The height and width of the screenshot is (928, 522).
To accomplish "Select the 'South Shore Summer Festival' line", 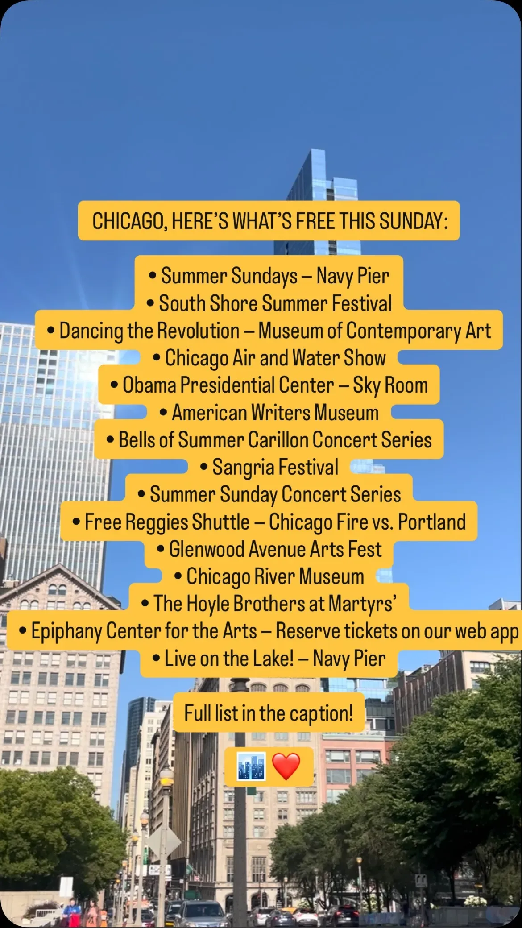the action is (269, 303).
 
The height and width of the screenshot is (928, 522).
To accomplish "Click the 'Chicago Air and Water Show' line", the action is (269, 358).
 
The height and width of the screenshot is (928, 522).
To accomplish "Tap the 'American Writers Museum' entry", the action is (269, 413).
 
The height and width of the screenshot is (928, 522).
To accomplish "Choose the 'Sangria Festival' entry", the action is (269, 468).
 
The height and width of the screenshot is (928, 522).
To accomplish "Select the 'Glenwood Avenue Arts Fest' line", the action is (269, 549).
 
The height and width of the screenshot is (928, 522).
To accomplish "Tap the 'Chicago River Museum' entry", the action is (269, 577).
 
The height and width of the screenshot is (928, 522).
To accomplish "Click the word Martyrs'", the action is (362, 604).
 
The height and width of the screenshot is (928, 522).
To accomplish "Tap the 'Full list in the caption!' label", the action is (269, 713).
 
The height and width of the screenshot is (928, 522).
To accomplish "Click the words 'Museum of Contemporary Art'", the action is (375, 331).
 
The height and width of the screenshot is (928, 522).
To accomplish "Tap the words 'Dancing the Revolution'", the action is (149, 331).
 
